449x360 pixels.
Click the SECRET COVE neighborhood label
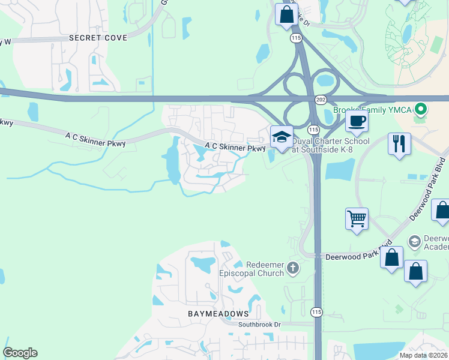(98, 38)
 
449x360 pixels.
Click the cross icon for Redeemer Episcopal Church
(293, 268)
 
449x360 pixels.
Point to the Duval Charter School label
(330, 146)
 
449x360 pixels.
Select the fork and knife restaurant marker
(399, 143)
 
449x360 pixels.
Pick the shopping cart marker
(357, 218)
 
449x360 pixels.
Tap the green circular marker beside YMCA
(421, 109)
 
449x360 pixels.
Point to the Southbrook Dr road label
(259, 325)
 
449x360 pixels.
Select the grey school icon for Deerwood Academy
(414, 241)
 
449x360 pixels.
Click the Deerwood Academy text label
(436, 242)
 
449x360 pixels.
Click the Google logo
(20, 353)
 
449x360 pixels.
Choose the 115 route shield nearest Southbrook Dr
(316, 312)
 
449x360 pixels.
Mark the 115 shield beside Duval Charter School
(313, 130)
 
